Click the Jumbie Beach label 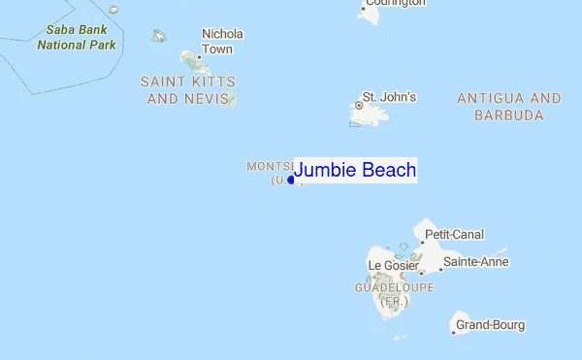355,171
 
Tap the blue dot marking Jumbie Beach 291,180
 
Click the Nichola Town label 222,42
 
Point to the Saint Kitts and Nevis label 188,90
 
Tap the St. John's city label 389,97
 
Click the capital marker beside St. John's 359,105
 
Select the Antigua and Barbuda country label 508,107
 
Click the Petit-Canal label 455,235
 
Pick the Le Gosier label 393,265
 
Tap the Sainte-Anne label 475,262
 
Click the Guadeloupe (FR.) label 394,295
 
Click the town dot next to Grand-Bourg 453,332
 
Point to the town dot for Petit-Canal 422,243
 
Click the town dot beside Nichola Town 198,58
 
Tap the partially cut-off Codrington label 393,3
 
